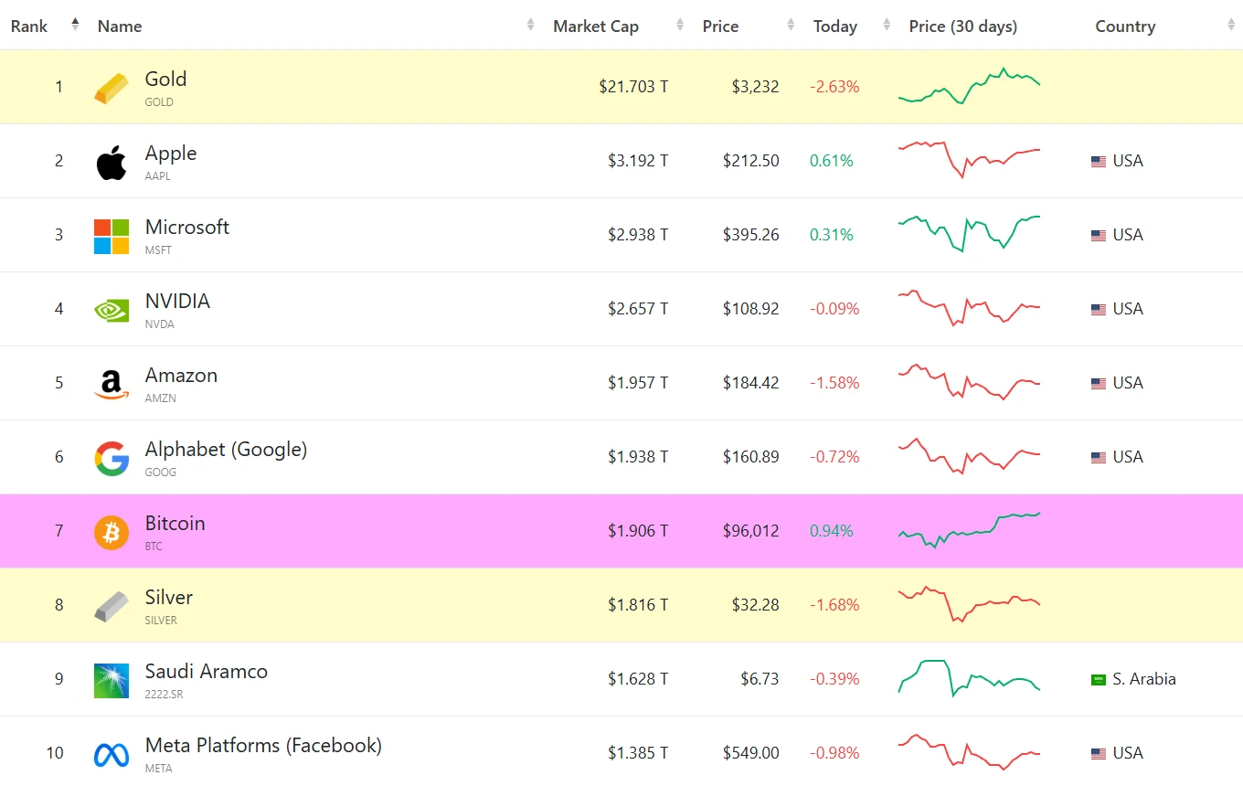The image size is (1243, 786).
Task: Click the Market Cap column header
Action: coord(595,27)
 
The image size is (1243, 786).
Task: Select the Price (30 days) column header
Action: coord(962,27)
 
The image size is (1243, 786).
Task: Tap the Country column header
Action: coord(1125,27)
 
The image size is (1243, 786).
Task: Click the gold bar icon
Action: coord(112,88)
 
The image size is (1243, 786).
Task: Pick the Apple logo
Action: coord(112,162)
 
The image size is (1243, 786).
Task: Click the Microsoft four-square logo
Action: coord(112,236)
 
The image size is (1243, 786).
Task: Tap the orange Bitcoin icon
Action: coord(112,532)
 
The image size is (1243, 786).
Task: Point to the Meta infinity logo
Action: coord(112,754)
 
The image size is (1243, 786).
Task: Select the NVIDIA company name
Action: coord(177,301)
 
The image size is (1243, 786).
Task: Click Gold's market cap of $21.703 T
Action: coord(633,87)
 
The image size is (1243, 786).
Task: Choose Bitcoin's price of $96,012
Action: coord(750,531)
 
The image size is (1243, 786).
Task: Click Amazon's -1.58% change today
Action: coord(834,383)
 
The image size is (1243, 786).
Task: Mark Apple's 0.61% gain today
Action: coord(831,161)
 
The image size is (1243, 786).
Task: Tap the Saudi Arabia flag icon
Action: coord(1099,680)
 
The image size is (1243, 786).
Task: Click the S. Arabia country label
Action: coord(1144,679)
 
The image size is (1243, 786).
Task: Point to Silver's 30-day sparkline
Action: coord(969,604)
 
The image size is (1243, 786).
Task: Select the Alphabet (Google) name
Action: coord(226,449)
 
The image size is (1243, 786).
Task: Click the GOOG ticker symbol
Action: coord(161,473)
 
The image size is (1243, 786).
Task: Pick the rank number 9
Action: coord(59,679)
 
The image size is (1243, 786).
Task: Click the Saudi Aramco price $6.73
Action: coord(760,679)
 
